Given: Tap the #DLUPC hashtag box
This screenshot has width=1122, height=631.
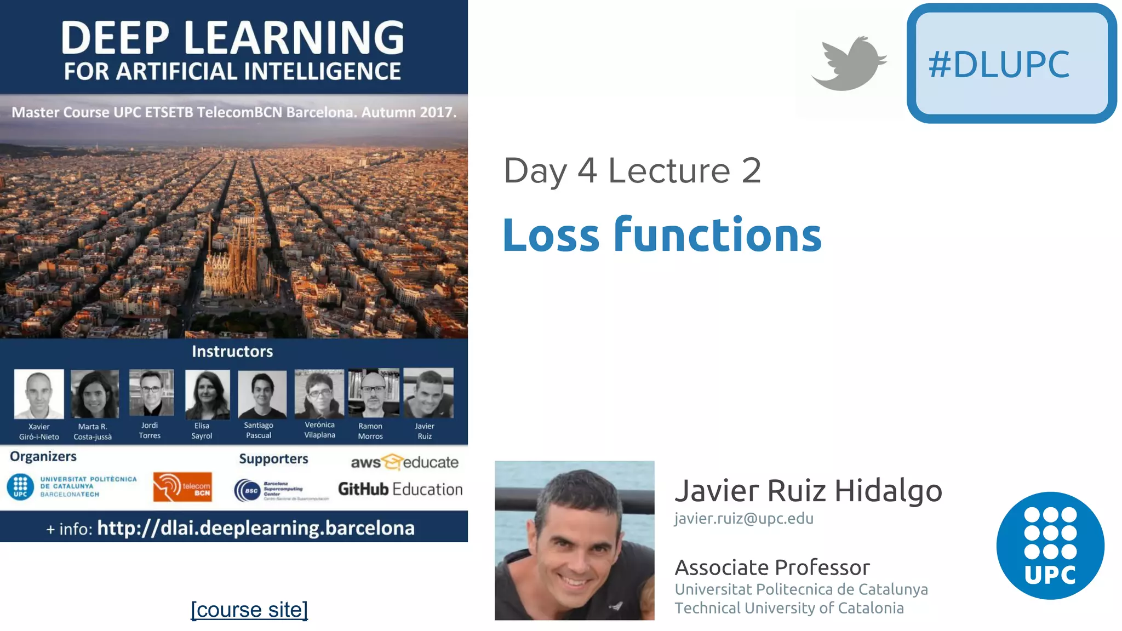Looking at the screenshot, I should click(1011, 64).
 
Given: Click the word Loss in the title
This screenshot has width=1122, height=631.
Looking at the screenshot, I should click(551, 236).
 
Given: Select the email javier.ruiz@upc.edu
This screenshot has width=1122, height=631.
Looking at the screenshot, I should click(743, 518).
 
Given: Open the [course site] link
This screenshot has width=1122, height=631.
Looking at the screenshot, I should click(249, 610).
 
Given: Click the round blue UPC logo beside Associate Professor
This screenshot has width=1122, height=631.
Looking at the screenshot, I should click(1050, 546).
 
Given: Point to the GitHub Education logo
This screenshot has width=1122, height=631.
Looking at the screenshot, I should click(400, 489).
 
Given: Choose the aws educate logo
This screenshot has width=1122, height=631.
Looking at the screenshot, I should click(404, 462).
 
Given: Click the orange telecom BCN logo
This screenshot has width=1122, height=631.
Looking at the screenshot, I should click(182, 487).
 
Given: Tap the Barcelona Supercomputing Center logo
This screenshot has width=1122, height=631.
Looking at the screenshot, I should click(281, 490).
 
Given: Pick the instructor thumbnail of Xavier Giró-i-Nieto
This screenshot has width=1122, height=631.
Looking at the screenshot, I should click(39, 394).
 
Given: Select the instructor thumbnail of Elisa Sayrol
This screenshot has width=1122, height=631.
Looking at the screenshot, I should click(207, 394).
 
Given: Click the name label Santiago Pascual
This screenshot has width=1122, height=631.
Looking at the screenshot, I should click(259, 430).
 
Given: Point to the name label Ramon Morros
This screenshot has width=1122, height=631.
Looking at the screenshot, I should click(370, 431).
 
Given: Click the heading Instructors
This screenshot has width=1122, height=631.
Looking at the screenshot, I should click(232, 352).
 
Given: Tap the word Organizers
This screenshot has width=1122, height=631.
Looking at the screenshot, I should click(43, 456).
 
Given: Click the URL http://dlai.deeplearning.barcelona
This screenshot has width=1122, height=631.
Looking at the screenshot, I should click(255, 528).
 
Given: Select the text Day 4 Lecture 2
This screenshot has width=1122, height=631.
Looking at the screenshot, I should click(632, 171).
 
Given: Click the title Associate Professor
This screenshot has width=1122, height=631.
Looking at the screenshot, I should click(772, 567).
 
